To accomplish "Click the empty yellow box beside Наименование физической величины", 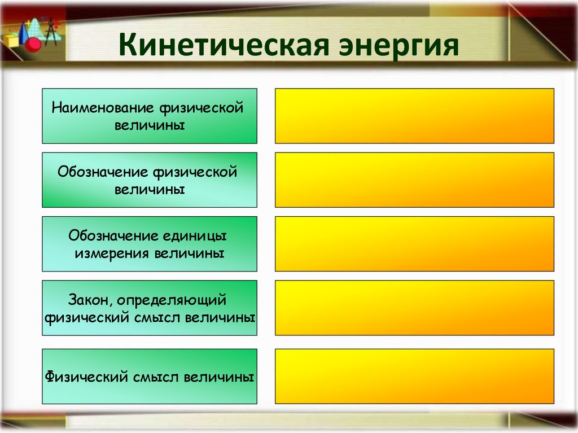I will [414, 116].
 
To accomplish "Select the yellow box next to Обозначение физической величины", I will [414, 180].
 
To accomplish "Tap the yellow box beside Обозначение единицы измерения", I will [414, 243].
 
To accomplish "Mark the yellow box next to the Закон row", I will [414, 308].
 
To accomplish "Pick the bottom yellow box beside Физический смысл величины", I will [414, 376].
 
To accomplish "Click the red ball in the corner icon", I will [33, 43].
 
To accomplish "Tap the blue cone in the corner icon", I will [26, 32].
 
